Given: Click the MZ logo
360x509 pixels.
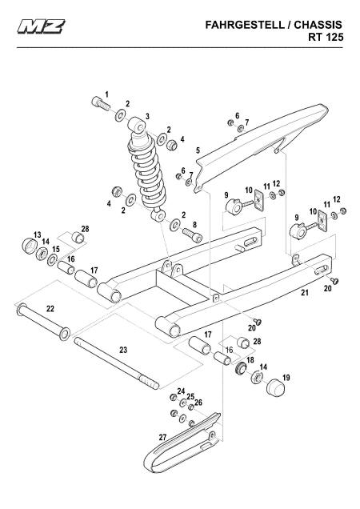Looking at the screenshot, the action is pos(42,26).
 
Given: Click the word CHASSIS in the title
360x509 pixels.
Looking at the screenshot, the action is pos(318,25).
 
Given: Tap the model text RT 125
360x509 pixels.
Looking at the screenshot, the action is pos(326,37).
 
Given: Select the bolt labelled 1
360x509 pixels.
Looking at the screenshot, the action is pos(101,104).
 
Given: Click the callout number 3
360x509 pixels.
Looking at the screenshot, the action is pos(147,116).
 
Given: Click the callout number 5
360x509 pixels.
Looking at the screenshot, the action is pos(198,150).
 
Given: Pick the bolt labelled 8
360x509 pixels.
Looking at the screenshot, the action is pos(192,234).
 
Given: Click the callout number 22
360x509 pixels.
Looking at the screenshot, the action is pos(50,308).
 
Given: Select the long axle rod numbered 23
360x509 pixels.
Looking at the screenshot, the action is pos(117,363).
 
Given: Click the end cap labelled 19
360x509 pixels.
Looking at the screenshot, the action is pos(275,387).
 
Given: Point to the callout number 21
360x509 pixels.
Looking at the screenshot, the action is pos(305,292).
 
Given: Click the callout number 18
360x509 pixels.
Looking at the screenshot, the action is pos(250,360).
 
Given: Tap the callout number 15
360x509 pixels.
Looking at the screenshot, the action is pos(56,249).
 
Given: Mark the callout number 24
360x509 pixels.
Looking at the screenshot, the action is pos(181,391).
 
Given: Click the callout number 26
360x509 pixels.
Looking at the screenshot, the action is pos(198,403).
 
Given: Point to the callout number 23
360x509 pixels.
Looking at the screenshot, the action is pos(123,350).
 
